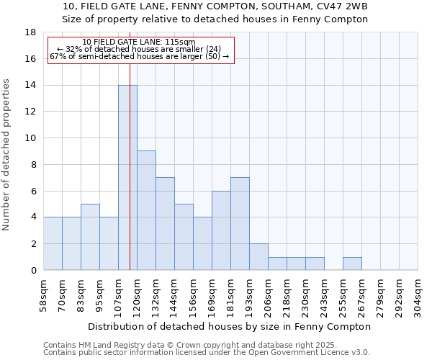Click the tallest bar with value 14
pos(127,177)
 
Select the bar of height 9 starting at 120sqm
pos(146,210)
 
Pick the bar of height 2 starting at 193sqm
pos(258,256)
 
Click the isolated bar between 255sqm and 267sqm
pos(352,264)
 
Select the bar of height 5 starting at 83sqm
pos(90,237)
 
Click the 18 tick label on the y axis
pos(31,32)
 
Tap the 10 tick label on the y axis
pos(31,138)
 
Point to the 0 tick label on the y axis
pos(34,271)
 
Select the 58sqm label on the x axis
pos(44,294)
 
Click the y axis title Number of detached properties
pos(7,155)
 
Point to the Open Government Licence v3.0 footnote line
pos(207,353)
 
